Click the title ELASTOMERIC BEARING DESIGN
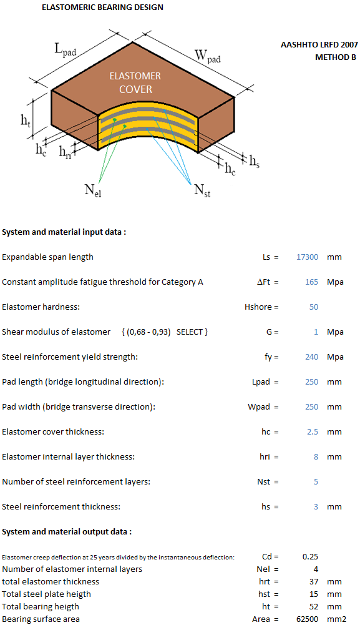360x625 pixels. tap(102, 7)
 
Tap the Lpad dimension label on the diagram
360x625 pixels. tap(66, 50)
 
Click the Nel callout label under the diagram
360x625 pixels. tap(92, 190)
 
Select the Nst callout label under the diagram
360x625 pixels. tap(202, 190)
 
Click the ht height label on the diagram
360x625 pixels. tap(26, 120)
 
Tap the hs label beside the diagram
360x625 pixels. tap(255, 161)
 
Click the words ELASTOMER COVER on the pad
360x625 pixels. tap(135, 82)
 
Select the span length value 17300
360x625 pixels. tap(307, 257)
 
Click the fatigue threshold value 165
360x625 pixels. tap(311, 282)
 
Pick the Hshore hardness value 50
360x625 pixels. tap(314, 307)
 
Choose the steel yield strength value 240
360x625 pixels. tap(311, 357)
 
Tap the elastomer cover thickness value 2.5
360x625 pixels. tap(313, 432)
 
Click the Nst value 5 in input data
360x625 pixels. tap(316, 482)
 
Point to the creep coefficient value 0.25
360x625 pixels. tap(310, 557)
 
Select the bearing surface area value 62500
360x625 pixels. tap(308, 619)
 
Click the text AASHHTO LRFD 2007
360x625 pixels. tap(319, 45)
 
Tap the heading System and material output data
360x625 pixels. tap(67, 532)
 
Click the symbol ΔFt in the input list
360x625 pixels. tap(264, 282)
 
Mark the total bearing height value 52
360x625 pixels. tap(314, 607)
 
